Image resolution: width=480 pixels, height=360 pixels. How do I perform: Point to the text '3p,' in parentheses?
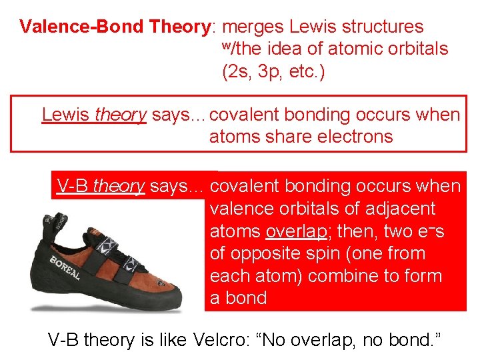(x=267, y=71)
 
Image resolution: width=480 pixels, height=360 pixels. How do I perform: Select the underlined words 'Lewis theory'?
(x=94, y=115)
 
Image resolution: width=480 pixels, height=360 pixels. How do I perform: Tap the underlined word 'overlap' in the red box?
(x=296, y=231)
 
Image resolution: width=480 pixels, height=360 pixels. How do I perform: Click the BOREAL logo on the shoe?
(x=65, y=266)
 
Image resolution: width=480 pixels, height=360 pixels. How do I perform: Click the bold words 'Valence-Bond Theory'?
(x=115, y=27)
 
